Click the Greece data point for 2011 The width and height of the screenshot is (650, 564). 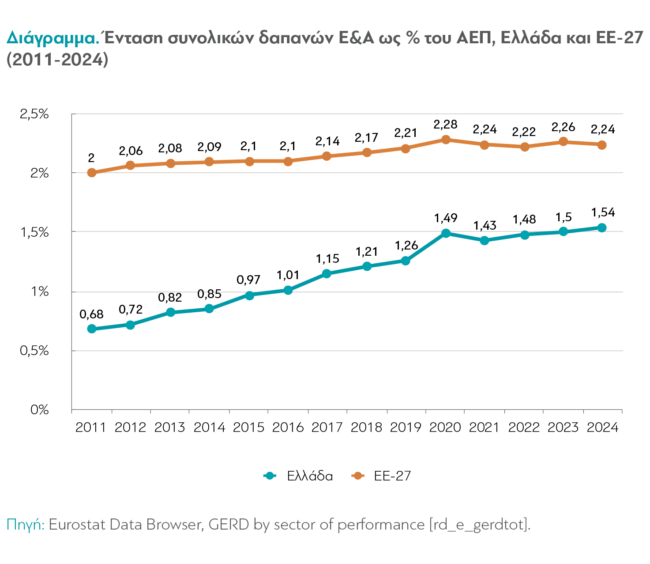(x=91, y=329)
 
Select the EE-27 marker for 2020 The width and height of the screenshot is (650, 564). (x=446, y=140)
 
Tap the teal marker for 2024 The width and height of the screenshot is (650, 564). (x=602, y=228)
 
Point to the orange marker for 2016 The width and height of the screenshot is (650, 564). (x=288, y=162)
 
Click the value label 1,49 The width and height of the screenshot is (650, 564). (x=446, y=218)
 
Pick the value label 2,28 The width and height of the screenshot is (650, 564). (x=445, y=125)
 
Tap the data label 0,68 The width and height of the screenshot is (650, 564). (x=91, y=314)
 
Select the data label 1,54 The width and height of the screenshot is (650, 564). (x=603, y=212)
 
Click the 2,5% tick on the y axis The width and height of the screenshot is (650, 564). (x=34, y=114)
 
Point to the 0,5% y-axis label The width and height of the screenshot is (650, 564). (x=34, y=351)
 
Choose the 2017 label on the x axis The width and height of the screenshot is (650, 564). (x=327, y=428)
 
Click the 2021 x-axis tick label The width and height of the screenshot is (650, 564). (x=484, y=428)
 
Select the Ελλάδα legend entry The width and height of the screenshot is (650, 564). (x=298, y=476)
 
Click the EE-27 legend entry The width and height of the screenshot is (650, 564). (x=381, y=476)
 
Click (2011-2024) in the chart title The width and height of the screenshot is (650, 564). (x=57, y=59)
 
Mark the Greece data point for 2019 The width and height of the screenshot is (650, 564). (x=406, y=261)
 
